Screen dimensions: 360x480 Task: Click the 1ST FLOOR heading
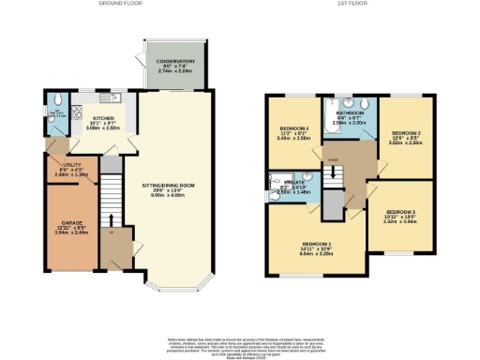[352, 4]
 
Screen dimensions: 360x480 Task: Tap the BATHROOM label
[352, 112]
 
